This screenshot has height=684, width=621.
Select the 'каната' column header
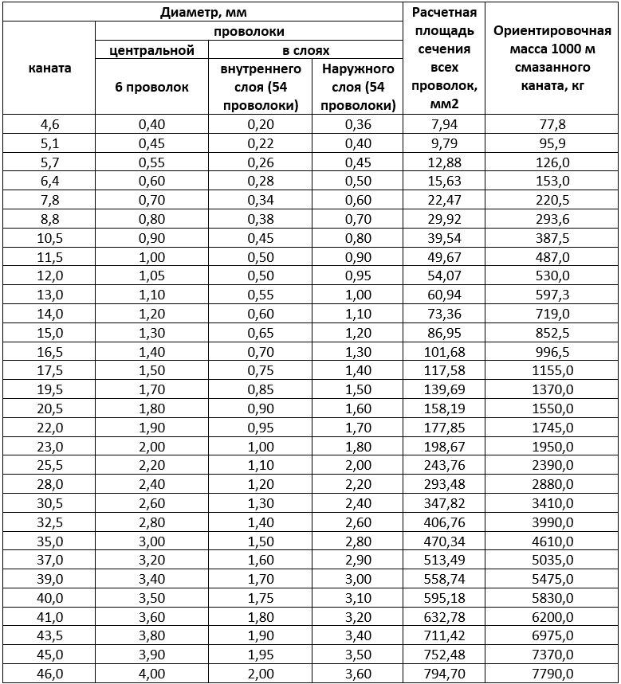click(49, 68)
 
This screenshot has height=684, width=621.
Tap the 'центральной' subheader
click(152, 50)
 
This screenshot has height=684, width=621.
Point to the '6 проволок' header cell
click(152, 87)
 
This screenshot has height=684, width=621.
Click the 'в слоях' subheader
click(306, 50)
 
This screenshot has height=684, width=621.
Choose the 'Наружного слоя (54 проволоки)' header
click(358, 87)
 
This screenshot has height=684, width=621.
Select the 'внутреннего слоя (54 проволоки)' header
click(261, 87)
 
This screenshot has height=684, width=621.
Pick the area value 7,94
click(444, 124)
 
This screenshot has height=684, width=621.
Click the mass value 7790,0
click(552, 674)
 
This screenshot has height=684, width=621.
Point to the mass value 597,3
click(552, 295)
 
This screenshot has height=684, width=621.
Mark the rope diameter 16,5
click(49, 351)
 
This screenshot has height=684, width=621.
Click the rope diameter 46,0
click(49, 674)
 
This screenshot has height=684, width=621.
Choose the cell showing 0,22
click(261, 143)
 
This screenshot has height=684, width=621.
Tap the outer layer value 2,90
click(358, 560)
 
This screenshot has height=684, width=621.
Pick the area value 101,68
click(444, 351)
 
